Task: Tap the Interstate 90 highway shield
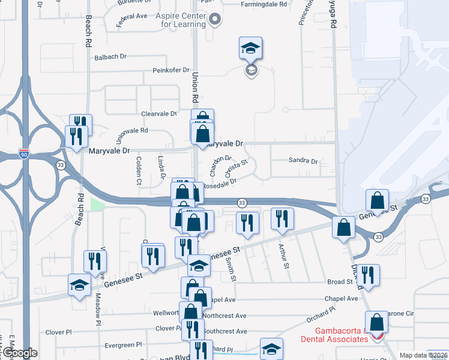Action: coord(23,153)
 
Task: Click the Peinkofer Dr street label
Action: coord(170,70)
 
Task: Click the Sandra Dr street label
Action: coord(303,161)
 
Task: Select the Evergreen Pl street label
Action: coord(122,345)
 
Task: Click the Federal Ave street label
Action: coord(131,16)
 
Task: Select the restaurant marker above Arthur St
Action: coord(280,218)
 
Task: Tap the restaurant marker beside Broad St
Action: coord(369,275)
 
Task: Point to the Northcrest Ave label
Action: coord(224,316)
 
